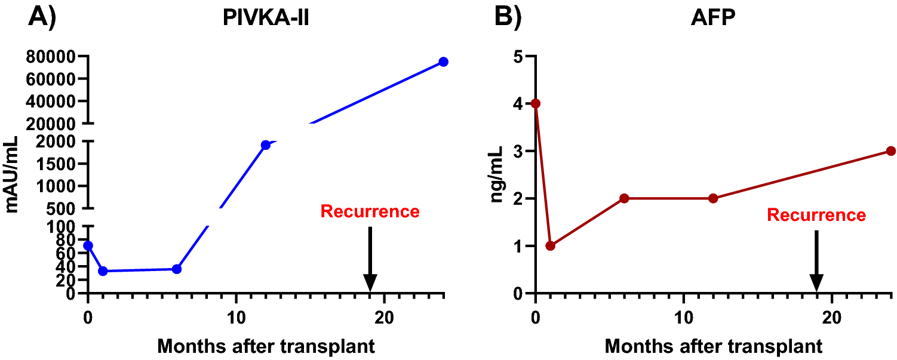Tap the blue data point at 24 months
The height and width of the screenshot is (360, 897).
(443, 62)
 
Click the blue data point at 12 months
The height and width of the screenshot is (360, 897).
(266, 145)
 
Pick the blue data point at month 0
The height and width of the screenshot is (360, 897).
(88, 245)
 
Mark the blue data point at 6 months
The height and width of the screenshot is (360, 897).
(177, 269)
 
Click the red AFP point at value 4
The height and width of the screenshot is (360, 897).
(536, 103)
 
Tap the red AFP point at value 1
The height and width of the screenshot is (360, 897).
(551, 246)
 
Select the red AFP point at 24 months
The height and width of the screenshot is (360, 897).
(890, 151)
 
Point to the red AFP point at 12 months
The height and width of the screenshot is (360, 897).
(713, 198)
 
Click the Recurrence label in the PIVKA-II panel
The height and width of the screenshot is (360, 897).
(370, 211)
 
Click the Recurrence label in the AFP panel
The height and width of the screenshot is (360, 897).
(816, 215)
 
